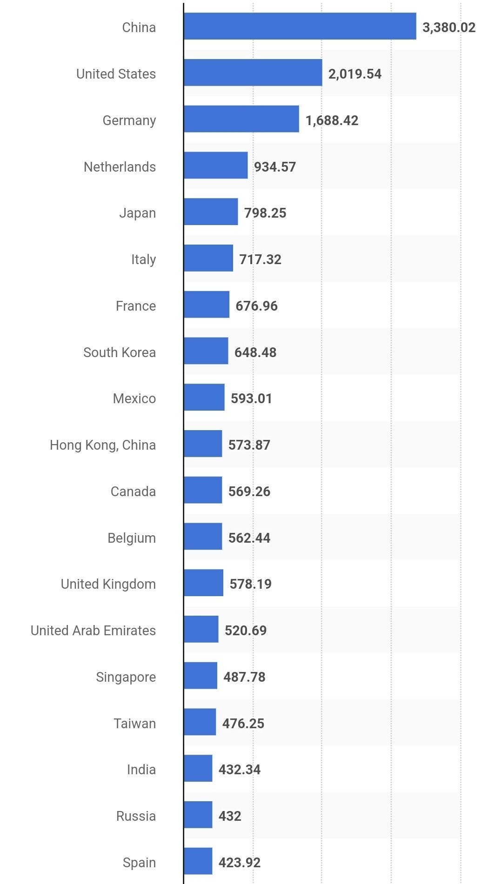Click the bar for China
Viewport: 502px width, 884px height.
tap(300, 27)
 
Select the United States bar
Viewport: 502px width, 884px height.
tap(253, 73)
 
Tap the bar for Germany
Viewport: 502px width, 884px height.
tap(241, 119)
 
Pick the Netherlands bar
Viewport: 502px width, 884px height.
tap(215, 166)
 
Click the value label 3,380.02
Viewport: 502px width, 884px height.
tap(448, 27)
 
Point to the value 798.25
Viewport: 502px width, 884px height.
tap(265, 213)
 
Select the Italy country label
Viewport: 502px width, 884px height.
tap(143, 259)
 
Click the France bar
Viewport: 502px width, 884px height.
tap(206, 305)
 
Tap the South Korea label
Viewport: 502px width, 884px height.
tap(120, 352)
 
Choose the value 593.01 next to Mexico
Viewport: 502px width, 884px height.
tap(251, 399)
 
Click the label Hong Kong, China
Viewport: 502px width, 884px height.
tap(103, 445)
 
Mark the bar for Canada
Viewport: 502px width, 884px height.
tap(202, 490)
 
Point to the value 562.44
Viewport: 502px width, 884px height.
tap(249, 538)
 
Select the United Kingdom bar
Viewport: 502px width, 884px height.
tap(203, 583)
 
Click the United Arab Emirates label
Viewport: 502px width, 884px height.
tap(94, 631)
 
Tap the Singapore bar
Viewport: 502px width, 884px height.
tap(200, 676)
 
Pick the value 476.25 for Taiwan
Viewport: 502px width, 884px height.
tap(243, 724)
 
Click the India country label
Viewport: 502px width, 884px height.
tap(141, 770)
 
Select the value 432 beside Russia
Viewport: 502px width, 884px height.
tap(230, 816)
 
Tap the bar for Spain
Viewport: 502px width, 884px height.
tap(198, 861)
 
